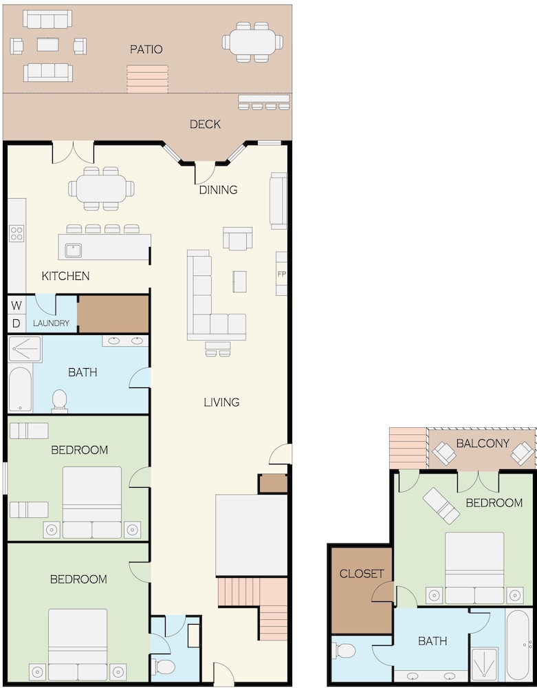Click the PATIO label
click(146, 49)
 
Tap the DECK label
click(205, 124)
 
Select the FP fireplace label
click(281, 274)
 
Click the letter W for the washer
click(17, 305)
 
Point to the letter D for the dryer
click(17, 323)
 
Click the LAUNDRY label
click(51, 323)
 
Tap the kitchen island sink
click(73, 250)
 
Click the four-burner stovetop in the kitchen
click(17, 233)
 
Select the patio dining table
click(252, 42)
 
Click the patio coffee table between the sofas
click(47, 44)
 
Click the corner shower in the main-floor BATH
click(25, 349)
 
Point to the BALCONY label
click(483, 443)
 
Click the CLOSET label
click(362, 574)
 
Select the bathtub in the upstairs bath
click(519, 645)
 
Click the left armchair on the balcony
click(444, 453)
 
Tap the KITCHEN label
click(66, 276)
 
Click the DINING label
click(219, 190)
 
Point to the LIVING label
click(222, 402)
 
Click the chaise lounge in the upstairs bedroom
click(441, 506)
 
